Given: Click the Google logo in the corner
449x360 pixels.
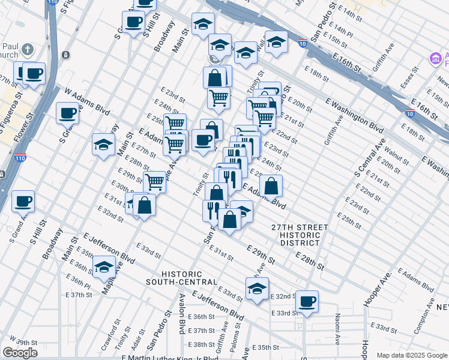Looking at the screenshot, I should (20, 352).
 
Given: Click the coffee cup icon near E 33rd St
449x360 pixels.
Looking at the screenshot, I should (307, 301).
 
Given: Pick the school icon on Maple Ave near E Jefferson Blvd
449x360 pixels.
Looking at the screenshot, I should (104, 266).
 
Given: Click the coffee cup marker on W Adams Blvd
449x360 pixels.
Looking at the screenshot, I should (68, 112).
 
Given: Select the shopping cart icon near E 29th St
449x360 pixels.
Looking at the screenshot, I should (155, 181).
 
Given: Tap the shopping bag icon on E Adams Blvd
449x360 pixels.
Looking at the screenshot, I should (271, 185).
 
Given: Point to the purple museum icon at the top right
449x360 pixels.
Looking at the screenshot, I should (435, 59).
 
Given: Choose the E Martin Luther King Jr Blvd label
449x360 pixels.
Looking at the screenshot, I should (170, 358).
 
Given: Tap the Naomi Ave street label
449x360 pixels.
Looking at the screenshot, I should (338, 329).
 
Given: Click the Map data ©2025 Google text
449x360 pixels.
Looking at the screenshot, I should (411, 355).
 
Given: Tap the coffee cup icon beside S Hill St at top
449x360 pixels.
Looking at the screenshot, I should (133, 22).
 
